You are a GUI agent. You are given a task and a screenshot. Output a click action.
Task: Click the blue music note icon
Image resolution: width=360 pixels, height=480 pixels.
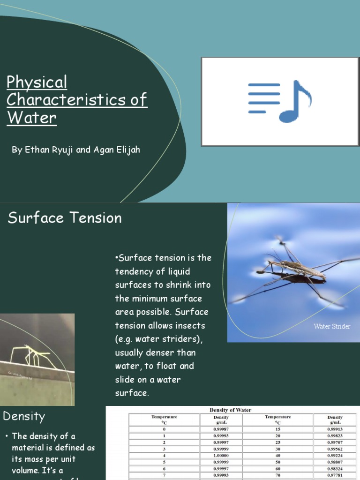(295, 101)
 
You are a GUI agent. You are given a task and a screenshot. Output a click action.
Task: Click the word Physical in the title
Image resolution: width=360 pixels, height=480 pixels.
(37, 82)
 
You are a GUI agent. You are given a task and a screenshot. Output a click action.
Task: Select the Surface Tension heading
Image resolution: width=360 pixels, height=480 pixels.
(65, 217)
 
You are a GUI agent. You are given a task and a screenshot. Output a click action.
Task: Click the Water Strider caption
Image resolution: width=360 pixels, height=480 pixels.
(332, 326)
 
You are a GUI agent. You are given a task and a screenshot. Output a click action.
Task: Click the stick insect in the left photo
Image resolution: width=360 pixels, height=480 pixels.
(28, 354)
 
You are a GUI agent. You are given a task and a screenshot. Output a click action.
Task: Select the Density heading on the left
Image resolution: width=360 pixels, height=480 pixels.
(24, 416)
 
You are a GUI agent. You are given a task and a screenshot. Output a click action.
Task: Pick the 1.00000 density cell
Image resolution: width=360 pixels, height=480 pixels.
(221, 455)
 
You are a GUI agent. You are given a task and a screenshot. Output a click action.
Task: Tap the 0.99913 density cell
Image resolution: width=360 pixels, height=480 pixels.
(335, 428)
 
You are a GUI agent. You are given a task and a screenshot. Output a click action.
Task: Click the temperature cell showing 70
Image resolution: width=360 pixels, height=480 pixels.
(278, 474)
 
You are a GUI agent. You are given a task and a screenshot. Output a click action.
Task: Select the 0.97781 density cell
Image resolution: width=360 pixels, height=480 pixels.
(335, 474)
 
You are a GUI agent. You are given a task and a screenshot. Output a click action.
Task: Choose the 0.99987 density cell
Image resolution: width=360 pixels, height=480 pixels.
(221, 428)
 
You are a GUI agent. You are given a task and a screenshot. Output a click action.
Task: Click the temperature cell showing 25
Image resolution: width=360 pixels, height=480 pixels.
(278, 442)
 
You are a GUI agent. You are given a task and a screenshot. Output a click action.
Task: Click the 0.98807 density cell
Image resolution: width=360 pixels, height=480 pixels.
(335, 461)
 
